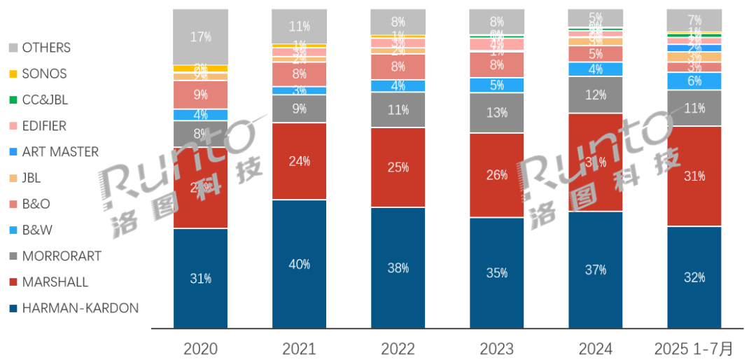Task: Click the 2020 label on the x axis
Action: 200,348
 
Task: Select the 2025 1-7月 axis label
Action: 694,348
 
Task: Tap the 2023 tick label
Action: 496,348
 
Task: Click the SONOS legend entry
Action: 45,74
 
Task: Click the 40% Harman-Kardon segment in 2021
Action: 299,264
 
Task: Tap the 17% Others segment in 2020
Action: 200,36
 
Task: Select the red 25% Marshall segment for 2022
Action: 398,167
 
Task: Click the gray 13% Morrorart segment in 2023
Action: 496,113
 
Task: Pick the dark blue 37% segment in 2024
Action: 595,270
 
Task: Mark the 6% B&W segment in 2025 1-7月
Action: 694,81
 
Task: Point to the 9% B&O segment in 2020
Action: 200,95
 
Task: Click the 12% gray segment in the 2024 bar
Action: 595,95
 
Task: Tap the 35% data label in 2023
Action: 496,273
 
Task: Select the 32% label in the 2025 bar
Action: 694,277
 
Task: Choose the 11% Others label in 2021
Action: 299,27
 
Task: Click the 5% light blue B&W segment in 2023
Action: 496,85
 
